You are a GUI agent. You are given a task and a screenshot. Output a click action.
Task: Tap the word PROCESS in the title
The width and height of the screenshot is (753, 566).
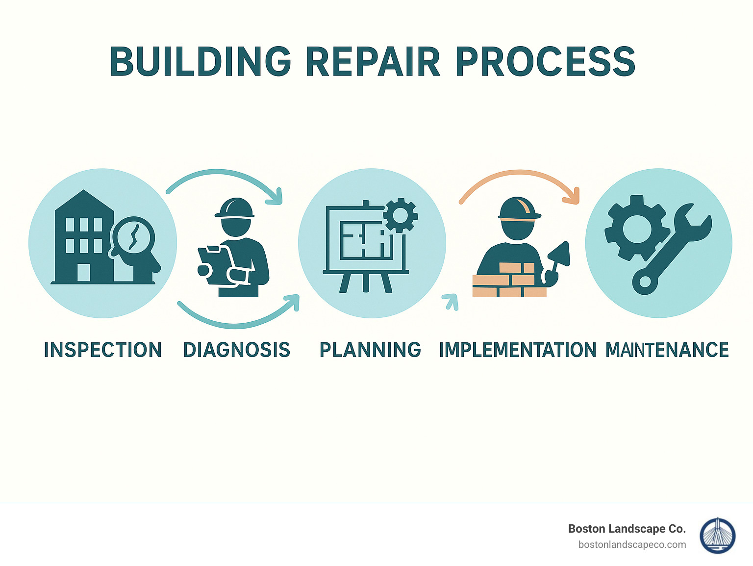[x=545, y=62]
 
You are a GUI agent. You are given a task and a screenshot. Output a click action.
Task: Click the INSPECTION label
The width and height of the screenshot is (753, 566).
[x=103, y=350]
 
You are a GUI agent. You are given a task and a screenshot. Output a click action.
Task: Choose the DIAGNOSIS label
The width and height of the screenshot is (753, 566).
[x=236, y=350]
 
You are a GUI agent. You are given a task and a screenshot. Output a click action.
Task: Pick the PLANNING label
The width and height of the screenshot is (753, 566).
[x=370, y=350]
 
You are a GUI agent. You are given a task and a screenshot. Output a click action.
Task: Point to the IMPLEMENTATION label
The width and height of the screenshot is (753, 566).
[x=517, y=350]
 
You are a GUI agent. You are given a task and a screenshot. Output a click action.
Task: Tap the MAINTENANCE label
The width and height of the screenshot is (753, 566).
[x=667, y=350]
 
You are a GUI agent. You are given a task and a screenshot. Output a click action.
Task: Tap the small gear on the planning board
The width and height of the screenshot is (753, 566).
[x=400, y=215]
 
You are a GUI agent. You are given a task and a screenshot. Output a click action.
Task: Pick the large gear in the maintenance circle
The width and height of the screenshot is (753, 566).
[x=636, y=228]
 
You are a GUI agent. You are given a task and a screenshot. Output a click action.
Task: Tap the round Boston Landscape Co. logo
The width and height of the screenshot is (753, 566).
[x=717, y=536]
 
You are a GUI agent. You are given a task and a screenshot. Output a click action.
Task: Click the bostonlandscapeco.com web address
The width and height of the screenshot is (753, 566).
[x=632, y=544]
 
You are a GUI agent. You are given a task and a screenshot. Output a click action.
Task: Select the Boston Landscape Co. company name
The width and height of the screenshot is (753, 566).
[x=627, y=529]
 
